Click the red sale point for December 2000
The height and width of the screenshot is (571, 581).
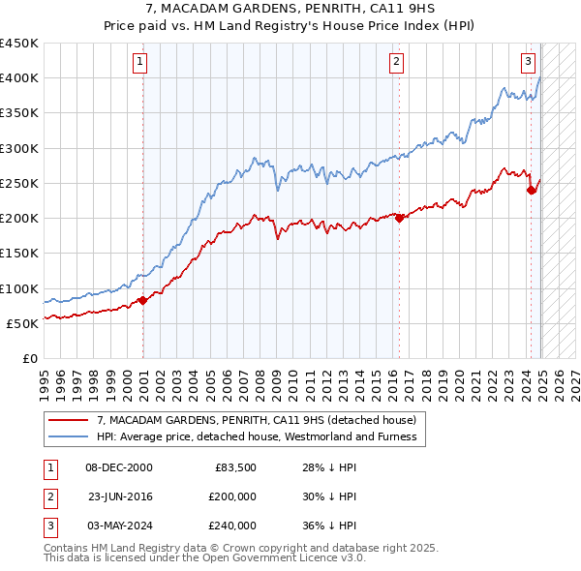pos(142,300)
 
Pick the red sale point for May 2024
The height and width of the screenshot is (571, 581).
pos(531,190)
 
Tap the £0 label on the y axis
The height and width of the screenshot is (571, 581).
pos(29,358)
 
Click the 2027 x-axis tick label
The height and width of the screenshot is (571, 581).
pos(574,382)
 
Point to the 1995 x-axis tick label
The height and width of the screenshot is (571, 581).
pos(45,382)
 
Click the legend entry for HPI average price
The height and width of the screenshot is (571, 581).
pos(256,436)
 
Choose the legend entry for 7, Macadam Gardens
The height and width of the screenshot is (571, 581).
pos(256,420)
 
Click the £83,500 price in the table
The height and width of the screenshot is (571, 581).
pos(234,467)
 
